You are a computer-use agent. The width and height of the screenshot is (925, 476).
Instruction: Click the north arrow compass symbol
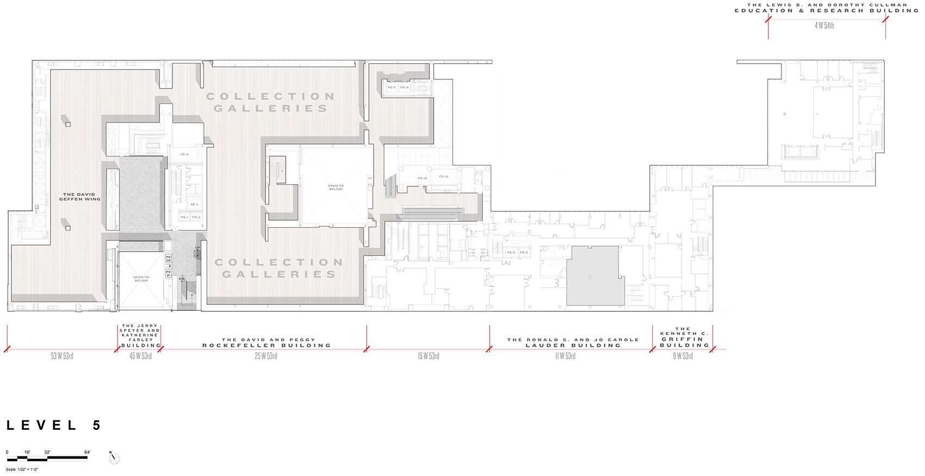114,458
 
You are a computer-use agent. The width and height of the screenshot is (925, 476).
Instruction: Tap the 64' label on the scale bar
87,452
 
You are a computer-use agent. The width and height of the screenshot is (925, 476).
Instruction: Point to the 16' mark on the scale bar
27,452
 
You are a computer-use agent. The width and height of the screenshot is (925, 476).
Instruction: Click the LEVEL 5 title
54,425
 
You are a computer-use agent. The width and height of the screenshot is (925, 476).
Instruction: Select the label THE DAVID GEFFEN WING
80,197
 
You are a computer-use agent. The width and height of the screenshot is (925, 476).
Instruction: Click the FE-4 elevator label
184,155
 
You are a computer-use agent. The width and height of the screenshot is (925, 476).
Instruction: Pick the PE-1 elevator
184,217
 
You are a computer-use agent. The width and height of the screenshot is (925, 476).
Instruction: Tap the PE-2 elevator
196,217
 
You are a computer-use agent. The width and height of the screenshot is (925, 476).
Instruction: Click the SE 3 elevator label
194,205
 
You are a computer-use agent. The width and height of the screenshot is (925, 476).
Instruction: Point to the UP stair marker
198,248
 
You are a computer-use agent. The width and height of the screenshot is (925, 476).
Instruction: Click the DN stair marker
182,279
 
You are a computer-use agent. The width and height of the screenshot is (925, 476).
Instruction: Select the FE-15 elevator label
444,177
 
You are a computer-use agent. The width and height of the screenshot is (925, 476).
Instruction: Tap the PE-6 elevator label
404,87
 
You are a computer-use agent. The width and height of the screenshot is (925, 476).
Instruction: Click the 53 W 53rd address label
62,356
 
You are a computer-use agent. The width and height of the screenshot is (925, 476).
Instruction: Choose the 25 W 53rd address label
266,356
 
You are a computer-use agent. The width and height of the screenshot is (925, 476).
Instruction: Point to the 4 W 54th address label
824,26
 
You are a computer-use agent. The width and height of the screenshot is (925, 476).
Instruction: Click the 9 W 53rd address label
683,356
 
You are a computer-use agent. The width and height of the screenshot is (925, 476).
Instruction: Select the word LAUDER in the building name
545,346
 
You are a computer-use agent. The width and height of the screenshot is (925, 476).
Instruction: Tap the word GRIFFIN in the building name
682,339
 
